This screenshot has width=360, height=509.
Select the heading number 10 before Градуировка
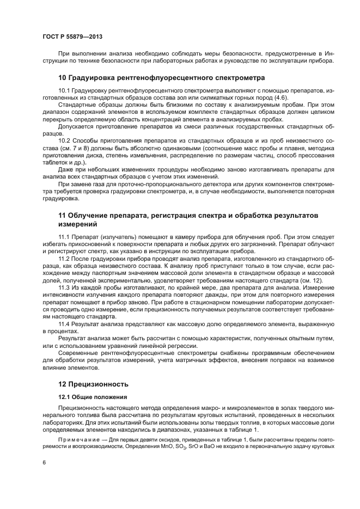click(63, 77)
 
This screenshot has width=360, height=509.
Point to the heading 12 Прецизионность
click(93, 383)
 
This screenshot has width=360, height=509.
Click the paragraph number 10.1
click(64, 90)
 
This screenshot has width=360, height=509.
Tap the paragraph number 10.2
click(64, 140)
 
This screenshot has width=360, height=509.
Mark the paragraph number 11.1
click(64, 238)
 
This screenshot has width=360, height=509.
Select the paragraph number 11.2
click(64, 259)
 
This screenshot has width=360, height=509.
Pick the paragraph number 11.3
click(64, 285)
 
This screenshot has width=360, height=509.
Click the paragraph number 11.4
click(64, 324)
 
